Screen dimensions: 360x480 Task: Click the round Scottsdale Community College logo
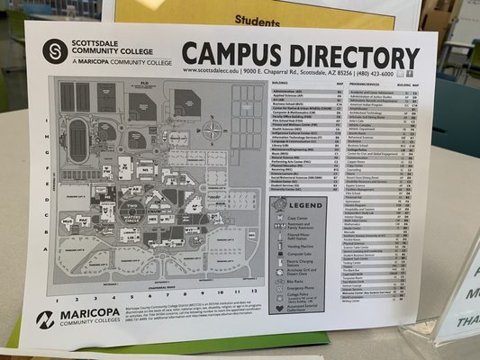56,49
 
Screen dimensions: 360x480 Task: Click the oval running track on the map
79,140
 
